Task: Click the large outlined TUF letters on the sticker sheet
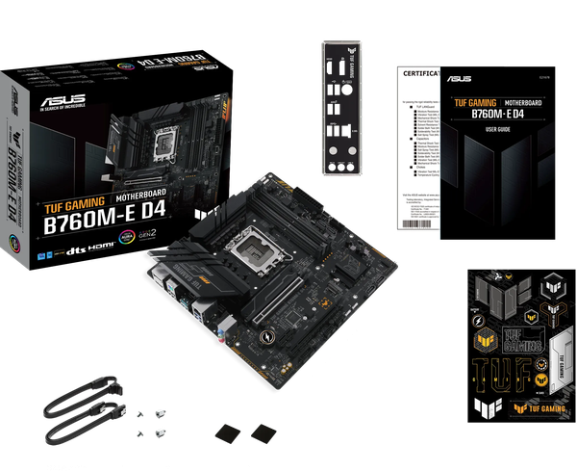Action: click(x=494, y=373)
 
